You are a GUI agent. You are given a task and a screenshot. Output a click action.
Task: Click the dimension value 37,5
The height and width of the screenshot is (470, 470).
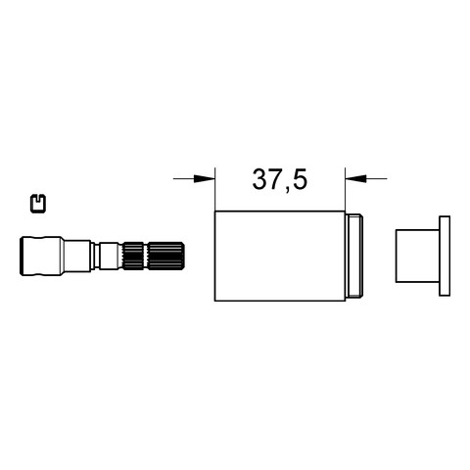[x=280, y=180]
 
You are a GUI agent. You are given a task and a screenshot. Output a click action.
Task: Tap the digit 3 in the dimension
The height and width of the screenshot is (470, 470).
[x=259, y=179]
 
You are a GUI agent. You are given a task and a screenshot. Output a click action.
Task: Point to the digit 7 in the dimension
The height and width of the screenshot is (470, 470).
[x=275, y=179]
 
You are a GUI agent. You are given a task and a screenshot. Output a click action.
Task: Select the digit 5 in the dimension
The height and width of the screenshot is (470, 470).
[x=301, y=179]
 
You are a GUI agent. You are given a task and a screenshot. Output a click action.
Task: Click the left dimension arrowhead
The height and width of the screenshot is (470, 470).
[x=205, y=178]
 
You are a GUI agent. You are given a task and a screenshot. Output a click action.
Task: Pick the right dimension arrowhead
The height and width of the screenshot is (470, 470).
[x=355, y=178]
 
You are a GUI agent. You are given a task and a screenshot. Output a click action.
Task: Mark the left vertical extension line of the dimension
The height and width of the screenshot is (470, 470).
[x=214, y=189]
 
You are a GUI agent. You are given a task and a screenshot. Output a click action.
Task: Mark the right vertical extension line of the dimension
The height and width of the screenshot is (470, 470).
[x=345, y=189]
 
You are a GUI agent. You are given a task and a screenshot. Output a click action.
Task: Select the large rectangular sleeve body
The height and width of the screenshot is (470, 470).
[x=280, y=256]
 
